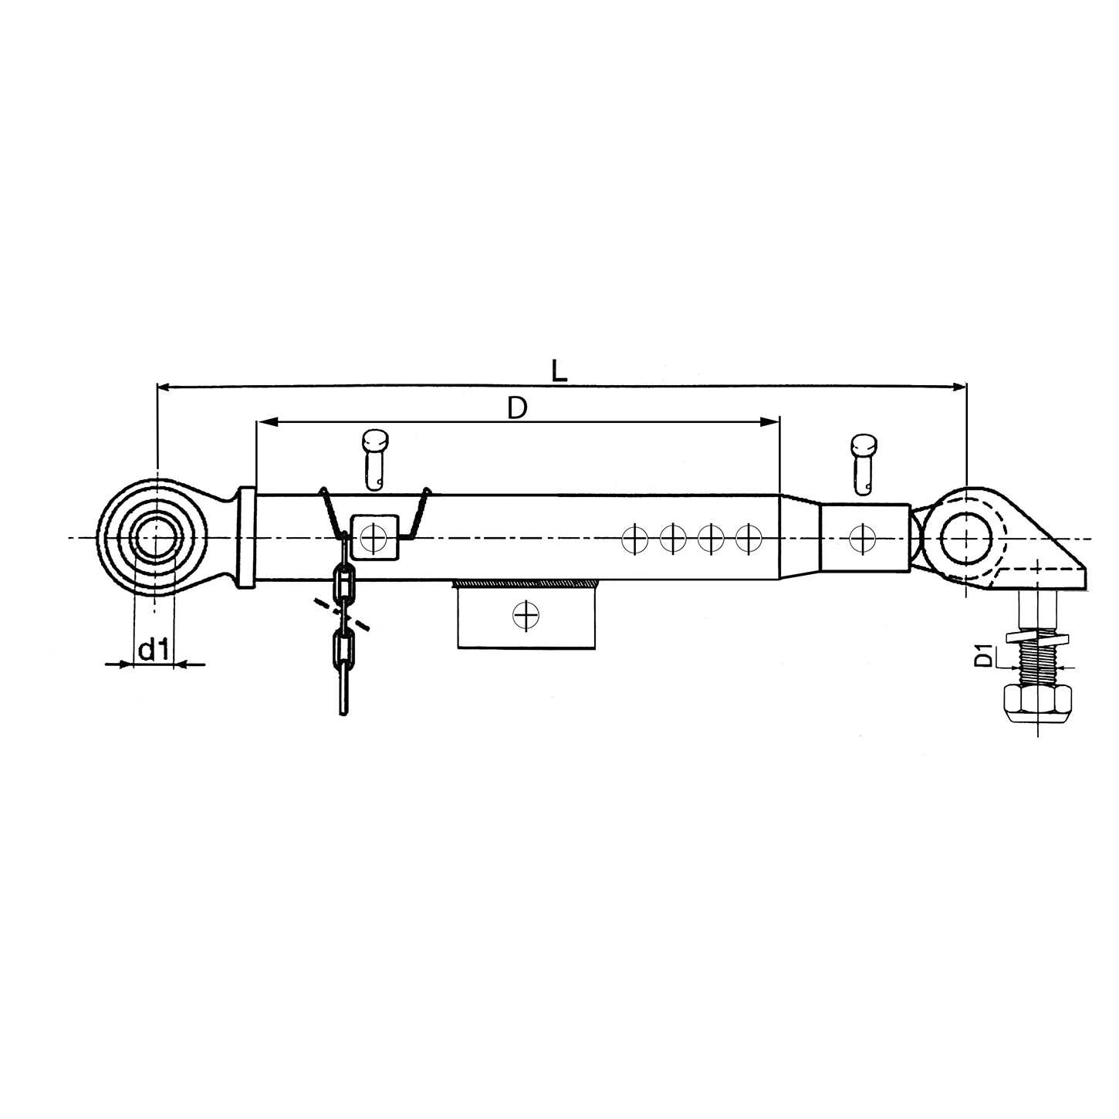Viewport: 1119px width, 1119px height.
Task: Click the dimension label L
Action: pyautogui.click(x=559, y=371)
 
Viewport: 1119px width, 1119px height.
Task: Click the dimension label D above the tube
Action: pyautogui.click(x=517, y=409)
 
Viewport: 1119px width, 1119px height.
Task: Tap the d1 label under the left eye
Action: pyautogui.click(x=154, y=649)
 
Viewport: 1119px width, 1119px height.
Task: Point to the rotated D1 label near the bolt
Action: pyautogui.click(x=982, y=656)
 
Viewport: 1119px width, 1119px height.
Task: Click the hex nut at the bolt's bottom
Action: pyautogui.click(x=1038, y=703)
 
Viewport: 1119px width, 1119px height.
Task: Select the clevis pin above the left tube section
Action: pyautogui.click(x=375, y=460)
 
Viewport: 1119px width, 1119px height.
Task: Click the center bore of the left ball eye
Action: pyautogui.click(x=156, y=538)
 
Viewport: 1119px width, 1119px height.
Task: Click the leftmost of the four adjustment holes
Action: pyautogui.click(x=634, y=539)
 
